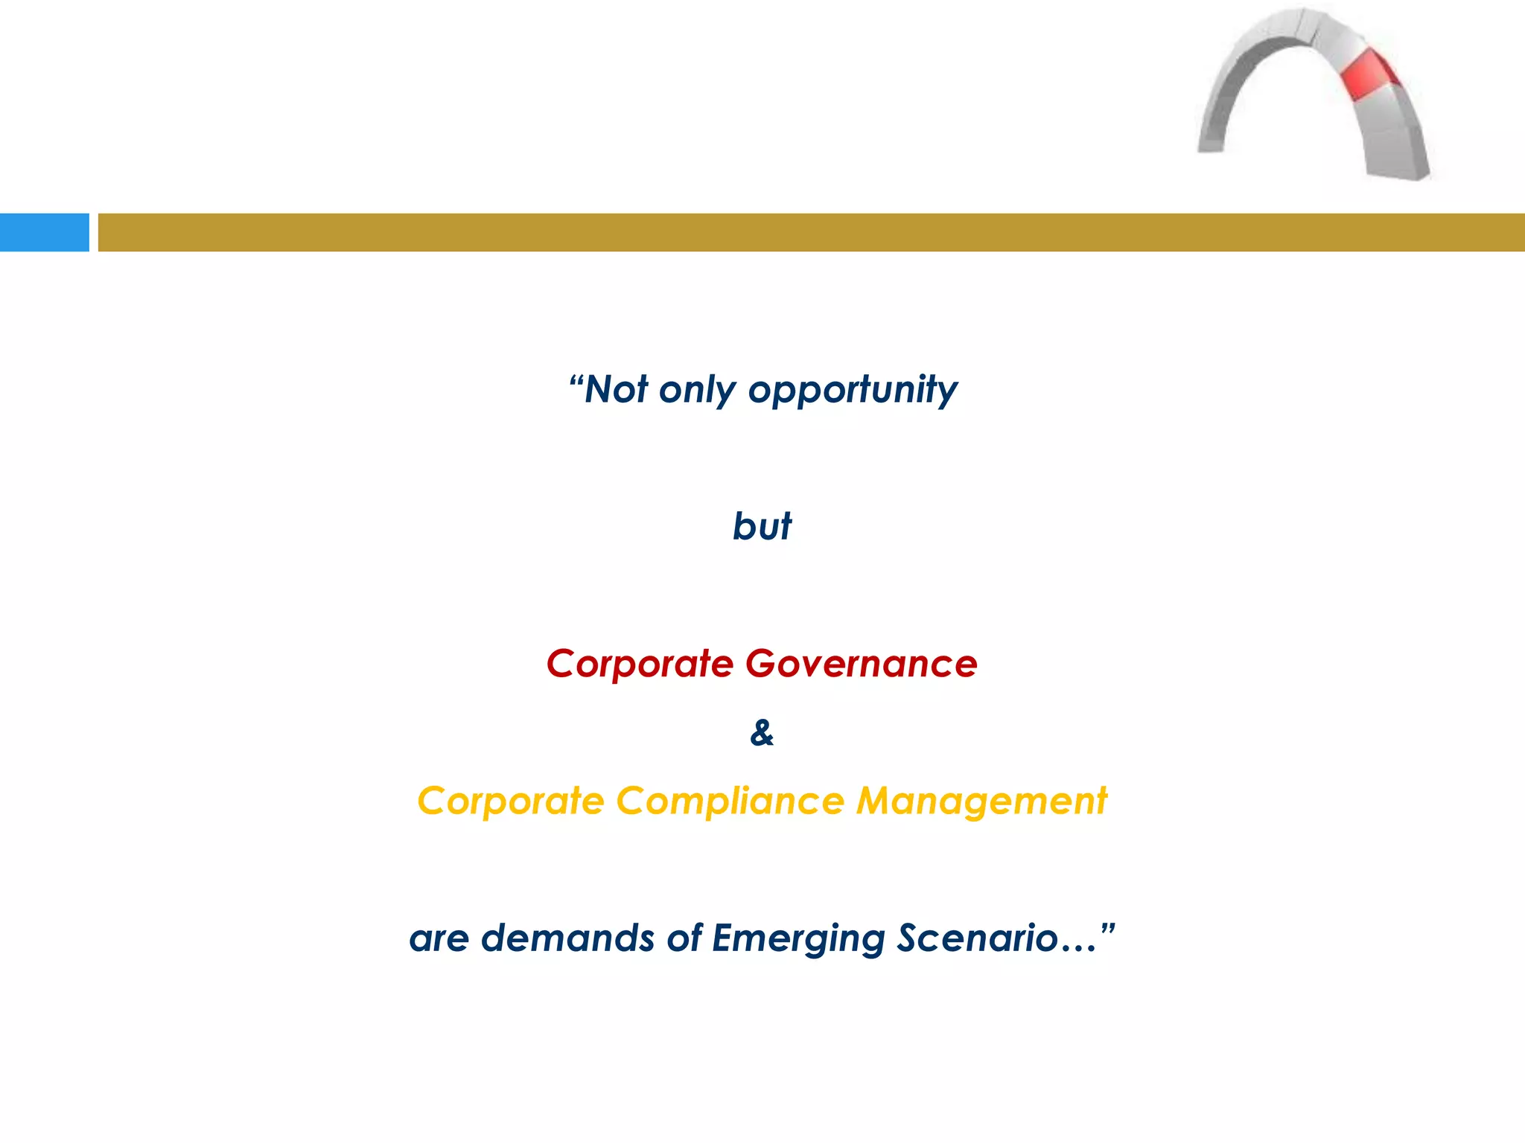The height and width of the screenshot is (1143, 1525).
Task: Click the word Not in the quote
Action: [x=617, y=389]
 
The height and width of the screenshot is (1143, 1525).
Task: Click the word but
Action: [x=762, y=526]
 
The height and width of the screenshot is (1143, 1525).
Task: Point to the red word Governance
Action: [x=861, y=663]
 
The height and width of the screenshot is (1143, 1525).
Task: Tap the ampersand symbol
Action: [x=762, y=733]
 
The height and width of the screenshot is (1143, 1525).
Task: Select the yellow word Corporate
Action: [x=511, y=801]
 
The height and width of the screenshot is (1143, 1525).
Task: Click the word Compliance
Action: [x=730, y=801]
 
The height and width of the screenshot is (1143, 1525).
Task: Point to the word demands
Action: [x=568, y=938]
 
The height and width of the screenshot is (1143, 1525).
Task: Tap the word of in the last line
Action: [x=684, y=938]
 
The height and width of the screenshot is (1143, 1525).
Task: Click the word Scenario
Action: [x=977, y=938]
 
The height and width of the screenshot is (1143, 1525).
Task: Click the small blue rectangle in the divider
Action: [x=44, y=232]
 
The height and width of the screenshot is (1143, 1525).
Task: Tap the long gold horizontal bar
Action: [x=811, y=232]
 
